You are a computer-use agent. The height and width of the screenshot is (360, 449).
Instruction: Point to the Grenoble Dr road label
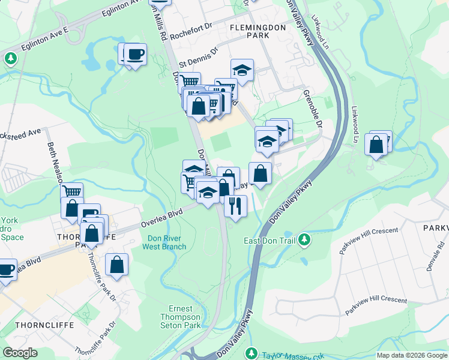313,109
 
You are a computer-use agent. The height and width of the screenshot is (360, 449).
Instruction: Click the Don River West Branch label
166,242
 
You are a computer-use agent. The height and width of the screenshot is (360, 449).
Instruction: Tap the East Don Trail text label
270,241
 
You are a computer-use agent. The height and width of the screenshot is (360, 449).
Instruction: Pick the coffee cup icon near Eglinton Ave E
134,55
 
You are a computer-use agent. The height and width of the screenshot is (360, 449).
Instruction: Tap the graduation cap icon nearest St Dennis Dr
242,71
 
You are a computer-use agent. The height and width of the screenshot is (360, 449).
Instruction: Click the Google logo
20,353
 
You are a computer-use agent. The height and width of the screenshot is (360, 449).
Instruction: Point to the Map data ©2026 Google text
412,355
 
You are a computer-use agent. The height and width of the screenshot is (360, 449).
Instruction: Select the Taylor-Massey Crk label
291,355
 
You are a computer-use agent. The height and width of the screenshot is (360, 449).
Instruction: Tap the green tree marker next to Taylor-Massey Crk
253,354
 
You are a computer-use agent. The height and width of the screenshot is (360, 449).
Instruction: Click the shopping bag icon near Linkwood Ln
376,145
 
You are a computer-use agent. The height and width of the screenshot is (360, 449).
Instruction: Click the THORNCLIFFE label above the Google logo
37,325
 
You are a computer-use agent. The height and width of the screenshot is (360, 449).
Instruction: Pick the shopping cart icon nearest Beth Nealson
72,193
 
